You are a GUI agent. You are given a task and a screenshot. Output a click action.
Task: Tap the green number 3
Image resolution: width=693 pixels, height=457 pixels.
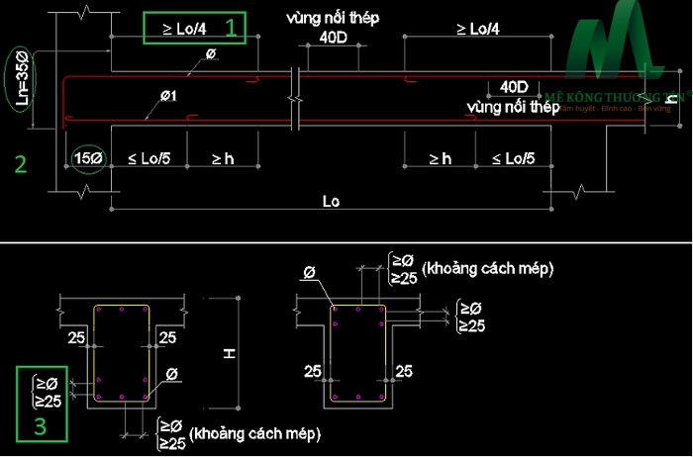[x=41, y=426]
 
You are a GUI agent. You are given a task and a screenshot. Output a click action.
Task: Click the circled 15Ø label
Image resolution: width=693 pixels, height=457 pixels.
[x=89, y=157]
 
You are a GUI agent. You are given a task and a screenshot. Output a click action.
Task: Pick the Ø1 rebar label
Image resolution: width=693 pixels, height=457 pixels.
[x=169, y=95]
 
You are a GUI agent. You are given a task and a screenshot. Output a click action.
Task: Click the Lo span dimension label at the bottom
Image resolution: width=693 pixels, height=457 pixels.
[x=332, y=201]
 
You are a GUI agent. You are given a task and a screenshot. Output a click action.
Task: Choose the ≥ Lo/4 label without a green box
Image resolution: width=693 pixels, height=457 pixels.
[x=478, y=30]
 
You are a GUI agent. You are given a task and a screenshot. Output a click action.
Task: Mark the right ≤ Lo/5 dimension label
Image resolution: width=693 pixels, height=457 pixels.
[x=512, y=158]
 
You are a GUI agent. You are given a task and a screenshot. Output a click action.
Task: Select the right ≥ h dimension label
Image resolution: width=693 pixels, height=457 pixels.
[x=441, y=158]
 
